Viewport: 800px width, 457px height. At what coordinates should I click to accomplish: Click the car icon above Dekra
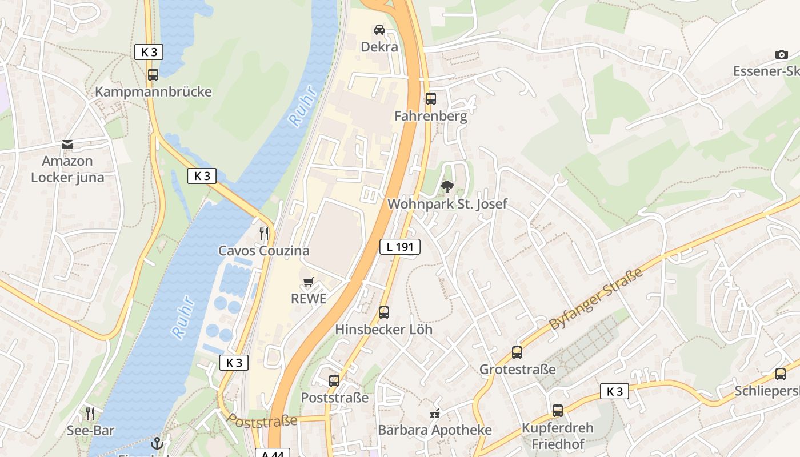pos(379,29)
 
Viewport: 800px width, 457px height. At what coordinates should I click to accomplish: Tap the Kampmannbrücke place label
pos(153,92)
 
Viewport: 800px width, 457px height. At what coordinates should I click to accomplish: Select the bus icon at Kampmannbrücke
pos(153,74)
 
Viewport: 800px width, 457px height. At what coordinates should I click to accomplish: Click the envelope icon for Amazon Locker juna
pos(67,144)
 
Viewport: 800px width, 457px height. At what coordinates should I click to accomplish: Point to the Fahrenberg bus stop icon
pos(431,98)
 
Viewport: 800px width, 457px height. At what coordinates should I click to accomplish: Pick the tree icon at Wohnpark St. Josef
pos(447,186)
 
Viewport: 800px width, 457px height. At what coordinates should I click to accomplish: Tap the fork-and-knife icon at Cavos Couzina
pos(264,233)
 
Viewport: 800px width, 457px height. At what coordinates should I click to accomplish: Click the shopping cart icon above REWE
pos(309,282)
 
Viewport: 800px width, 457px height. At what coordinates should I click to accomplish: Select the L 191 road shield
pos(400,247)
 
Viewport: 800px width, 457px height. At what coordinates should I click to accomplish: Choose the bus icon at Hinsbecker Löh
pos(384,312)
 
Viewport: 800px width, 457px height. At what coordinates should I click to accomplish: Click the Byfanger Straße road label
pos(595,299)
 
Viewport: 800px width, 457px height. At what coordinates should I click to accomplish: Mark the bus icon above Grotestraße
pos(517,352)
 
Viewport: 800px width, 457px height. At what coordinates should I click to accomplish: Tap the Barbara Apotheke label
pos(435,430)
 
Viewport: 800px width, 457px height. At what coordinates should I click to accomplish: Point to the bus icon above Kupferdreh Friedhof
pos(557,410)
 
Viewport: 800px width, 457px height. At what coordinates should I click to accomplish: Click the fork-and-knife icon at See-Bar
pos(90,413)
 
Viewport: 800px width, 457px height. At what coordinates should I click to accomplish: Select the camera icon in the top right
pos(781,54)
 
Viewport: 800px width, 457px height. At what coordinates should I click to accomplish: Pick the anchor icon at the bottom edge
pos(157,443)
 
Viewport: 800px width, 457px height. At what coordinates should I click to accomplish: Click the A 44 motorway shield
pos(273,454)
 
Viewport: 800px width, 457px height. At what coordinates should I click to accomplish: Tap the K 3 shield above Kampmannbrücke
pos(149,52)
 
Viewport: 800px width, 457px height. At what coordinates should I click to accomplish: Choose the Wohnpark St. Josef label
pos(447,204)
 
